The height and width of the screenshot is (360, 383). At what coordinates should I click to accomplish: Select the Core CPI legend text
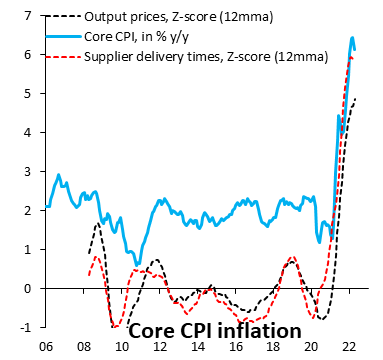[151, 39]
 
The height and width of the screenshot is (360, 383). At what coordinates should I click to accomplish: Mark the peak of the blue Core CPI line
[352, 38]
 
